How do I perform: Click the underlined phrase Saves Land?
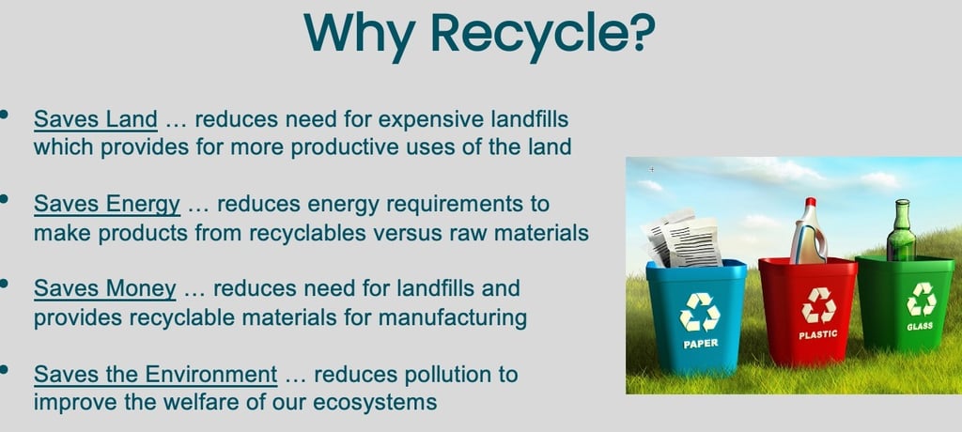96,119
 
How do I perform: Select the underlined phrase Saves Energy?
107,205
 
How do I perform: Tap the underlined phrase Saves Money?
105,288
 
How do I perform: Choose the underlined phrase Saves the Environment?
155,374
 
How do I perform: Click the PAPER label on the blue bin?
700,344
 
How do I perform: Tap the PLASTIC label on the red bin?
818,334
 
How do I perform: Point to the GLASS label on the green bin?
920,327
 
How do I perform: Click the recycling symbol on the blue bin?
699,313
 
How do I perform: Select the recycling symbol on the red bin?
818,305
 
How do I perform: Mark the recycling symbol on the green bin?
921,300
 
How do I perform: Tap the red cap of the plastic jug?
811,202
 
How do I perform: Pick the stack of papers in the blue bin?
682,239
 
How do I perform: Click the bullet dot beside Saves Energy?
5,198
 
